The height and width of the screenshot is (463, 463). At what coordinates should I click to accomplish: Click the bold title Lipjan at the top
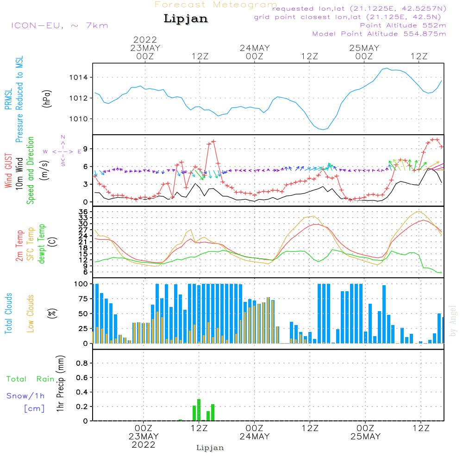186,19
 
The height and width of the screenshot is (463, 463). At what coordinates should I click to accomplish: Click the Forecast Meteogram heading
216,5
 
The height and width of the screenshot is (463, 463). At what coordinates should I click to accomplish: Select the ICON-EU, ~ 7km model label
59,25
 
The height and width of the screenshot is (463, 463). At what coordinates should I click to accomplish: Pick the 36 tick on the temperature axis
84,212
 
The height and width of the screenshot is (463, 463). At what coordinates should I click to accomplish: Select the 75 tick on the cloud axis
84,299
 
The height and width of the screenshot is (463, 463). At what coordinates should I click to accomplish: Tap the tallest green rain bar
199,410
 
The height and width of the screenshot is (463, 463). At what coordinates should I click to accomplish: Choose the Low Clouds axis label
31,313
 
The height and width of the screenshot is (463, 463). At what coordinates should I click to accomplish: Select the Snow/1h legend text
26,396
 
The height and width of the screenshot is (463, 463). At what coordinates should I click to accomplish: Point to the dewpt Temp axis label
42,244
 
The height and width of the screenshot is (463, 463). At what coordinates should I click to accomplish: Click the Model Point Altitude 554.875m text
379,34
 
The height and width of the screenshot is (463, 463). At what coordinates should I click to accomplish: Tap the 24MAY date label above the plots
255,48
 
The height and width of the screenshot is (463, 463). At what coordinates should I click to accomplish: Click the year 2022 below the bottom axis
144,445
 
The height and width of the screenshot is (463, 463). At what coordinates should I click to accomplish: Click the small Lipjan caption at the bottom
210,448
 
